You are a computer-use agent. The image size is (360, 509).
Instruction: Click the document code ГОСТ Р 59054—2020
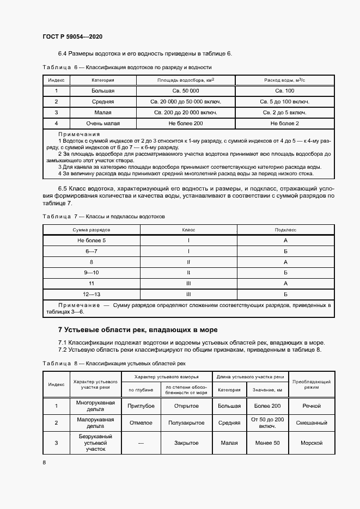(x=72, y=36)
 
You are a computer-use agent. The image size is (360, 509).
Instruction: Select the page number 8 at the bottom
(x=44, y=462)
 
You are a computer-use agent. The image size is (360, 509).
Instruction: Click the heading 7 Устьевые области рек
(x=138, y=330)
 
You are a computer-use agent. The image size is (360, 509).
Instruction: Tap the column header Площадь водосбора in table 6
(x=186, y=80)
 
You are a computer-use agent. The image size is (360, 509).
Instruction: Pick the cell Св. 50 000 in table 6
(x=186, y=91)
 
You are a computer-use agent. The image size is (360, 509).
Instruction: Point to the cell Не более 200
(x=186, y=124)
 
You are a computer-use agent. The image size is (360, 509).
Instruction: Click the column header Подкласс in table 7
(x=285, y=230)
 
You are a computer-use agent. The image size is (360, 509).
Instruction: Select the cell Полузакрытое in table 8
(x=186, y=422)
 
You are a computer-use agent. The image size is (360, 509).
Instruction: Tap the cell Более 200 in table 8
(x=267, y=406)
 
